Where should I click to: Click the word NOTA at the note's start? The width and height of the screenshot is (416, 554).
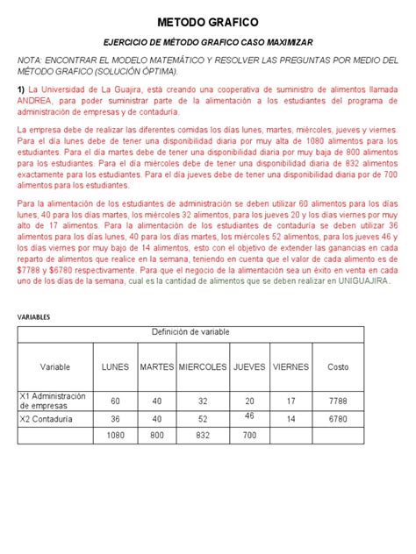[x=32, y=59]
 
